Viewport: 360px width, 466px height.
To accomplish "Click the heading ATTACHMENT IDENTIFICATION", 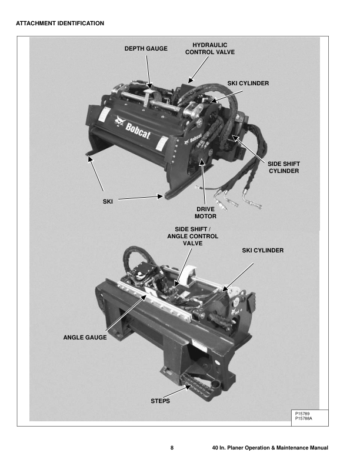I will click(59, 24).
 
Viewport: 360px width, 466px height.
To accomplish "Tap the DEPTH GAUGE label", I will click(145, 49).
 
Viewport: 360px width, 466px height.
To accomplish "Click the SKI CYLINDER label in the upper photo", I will click(248, 84).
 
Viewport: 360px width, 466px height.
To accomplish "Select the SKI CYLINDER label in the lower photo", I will click(263, 250).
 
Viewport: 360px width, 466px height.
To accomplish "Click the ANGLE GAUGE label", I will click(85, 338).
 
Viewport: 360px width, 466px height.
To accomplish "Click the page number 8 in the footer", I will click(172, 449).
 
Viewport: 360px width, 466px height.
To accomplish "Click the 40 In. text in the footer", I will click(221, 449).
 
